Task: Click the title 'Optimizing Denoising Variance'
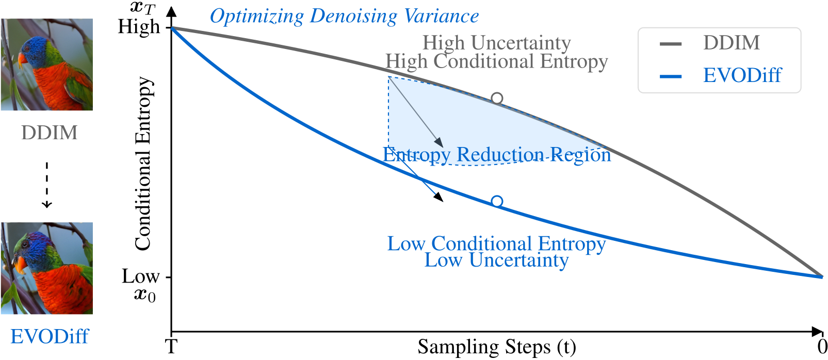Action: (x=344, y=17)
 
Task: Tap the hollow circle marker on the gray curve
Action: (x=497, y=98)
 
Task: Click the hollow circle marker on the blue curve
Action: (x=497, y=201)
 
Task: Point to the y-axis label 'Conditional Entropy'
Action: (x=143, y=163)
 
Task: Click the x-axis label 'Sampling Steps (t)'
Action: (x=496, y=347)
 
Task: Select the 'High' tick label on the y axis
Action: (x=139, y=26)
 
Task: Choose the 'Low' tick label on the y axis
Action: (x=140, y=276)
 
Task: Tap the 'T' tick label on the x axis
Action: (x=171, y=347)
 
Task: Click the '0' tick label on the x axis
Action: (x=822, y=347)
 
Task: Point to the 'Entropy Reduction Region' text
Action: (x=496, y=154)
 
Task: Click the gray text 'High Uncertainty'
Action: (x=496, y=42)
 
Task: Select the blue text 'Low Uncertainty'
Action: (x=496, y=260)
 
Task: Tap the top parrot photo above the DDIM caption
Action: (x=47, y=64)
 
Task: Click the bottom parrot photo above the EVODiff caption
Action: (x=47, y=268)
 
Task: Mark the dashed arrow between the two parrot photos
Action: (x=47, y=185)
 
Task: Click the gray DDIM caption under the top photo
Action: (x=49, y=133)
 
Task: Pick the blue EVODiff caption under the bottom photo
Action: (x=50, y=336)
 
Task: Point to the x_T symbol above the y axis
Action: (x=142, y=7)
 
